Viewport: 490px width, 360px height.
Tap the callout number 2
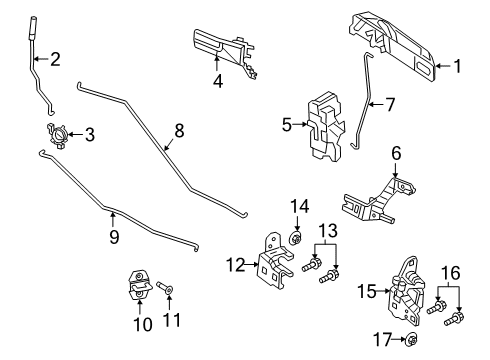coord(54,60)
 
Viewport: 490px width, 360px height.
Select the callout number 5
coord(287,126)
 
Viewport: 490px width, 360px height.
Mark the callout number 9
coord(113,236)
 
